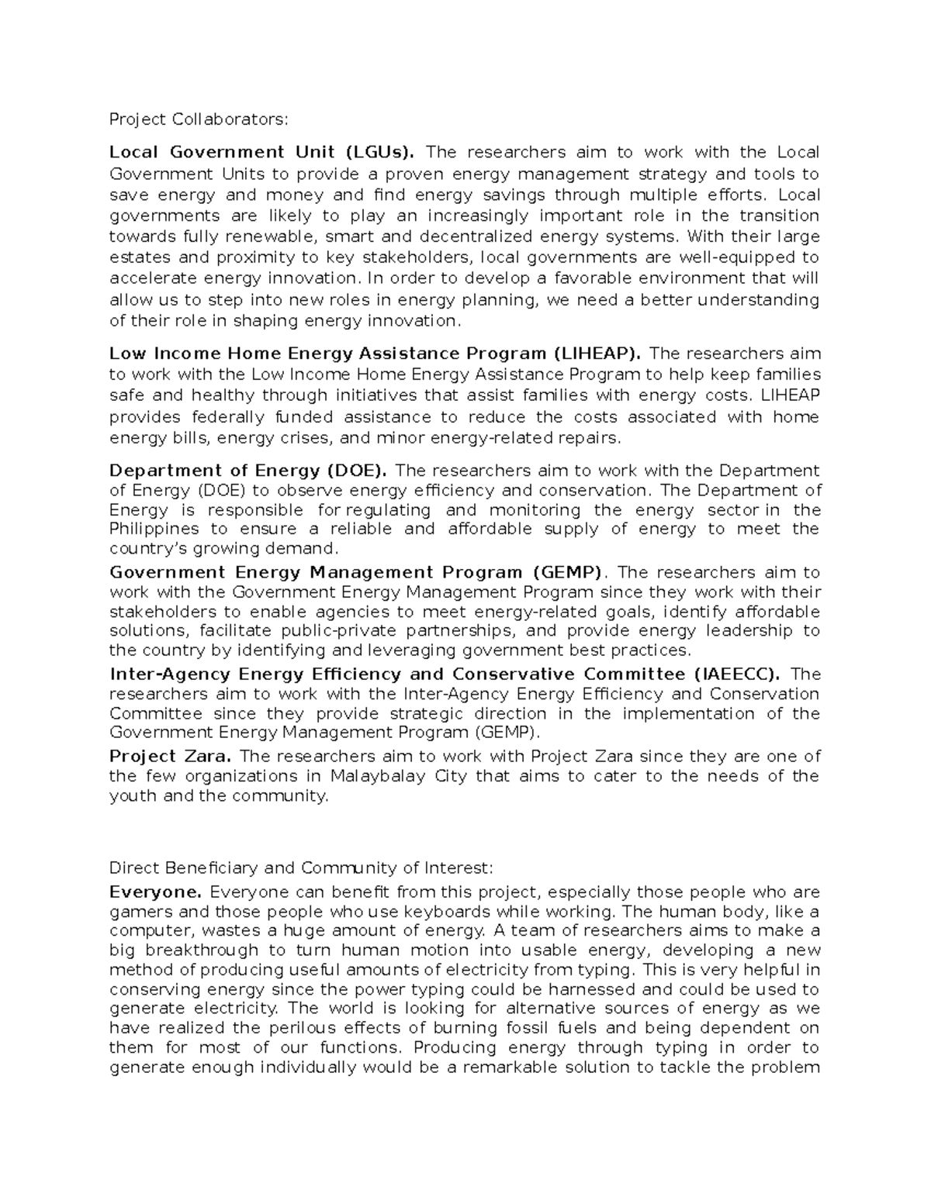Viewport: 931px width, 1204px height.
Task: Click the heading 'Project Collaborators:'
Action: pyautogui.click(x=198, y=119)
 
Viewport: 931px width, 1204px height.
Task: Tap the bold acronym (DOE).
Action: pyautogui.click(x=357, y=471)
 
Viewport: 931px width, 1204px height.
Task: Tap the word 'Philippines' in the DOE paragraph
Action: pyautogui.click(x=154, y=530)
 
